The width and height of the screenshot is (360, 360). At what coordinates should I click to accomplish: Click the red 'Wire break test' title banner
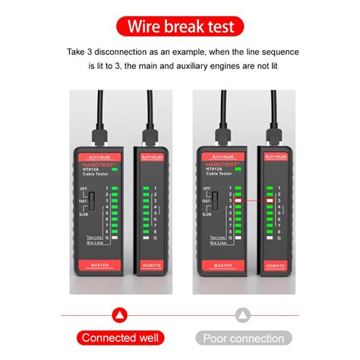pyautogui.click(x=180, y=27)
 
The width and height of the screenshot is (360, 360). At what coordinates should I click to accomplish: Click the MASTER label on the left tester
pyautogui.click(x=99, y=264)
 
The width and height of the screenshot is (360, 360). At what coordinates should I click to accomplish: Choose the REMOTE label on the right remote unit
pyautogui.click(x=279, y=266)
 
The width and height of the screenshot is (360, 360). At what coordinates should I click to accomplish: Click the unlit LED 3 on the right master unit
pyautogui.click(x=239, y=200)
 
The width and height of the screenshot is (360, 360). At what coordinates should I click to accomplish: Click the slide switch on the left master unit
pyautogui.click(x=92, y=201)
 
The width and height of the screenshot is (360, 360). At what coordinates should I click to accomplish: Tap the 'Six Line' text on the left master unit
pyautogui.click(x=93, y=242)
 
